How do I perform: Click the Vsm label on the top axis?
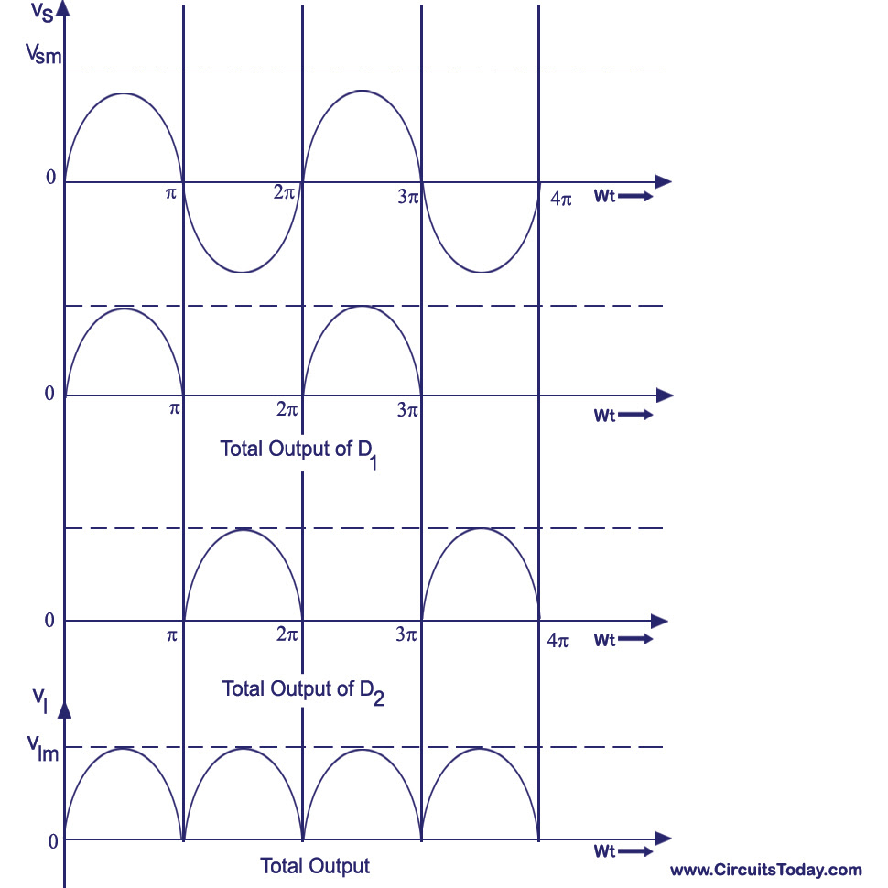pyautogui.click(x=44, y=54)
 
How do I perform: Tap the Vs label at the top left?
pyautogui.click(x=42, y=11)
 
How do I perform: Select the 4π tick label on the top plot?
pyautogui.click(x=561, y=199)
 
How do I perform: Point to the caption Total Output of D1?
pyautogui.click(x=298, y=453)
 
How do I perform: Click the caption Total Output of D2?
pyautogui.click(x=303, y=692)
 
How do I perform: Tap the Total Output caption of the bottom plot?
pyautogui.click(x=315, y=865)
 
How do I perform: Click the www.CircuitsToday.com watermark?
pyautogui.click(x=765, y=870)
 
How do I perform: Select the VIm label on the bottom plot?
pyautogui.click(x=43, y=749)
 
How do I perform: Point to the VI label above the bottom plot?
pyautogui.click(x=40, y=700)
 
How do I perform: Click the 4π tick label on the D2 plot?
pyautogui.click(x=558, y=641)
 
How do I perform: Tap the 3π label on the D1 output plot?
pyautogui.click(x=407, y=409)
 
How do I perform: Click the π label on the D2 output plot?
pyautogui.click(x=171, y=636)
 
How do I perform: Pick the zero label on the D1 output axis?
pyautogui.click(x=49, y=393)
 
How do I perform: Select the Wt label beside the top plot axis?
pyautogui.click(x=604, y=196)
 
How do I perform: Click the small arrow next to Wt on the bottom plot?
pyautogui.click(x=635, y=851)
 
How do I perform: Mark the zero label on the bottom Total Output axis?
pyautogui.click(x=53, y=841)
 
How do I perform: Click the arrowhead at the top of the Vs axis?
pyautogui.click(x=64, y=8)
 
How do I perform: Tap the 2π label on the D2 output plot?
pyautogui.click(x=287, y=634)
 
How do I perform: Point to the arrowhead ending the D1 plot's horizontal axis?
pyautogui.click(x=665, y=395)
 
